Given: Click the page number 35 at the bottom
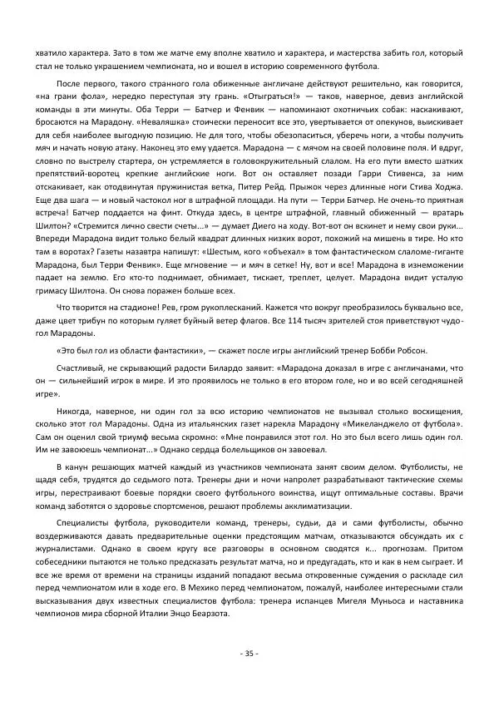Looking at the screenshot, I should point(249,653).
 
